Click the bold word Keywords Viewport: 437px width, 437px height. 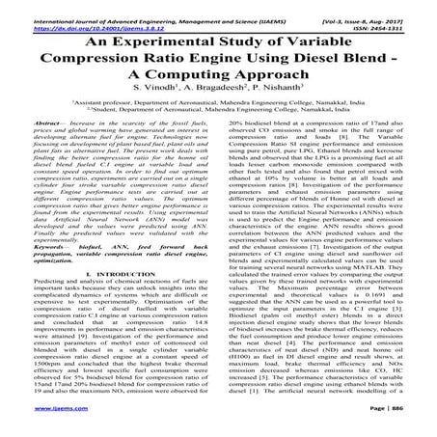36,245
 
